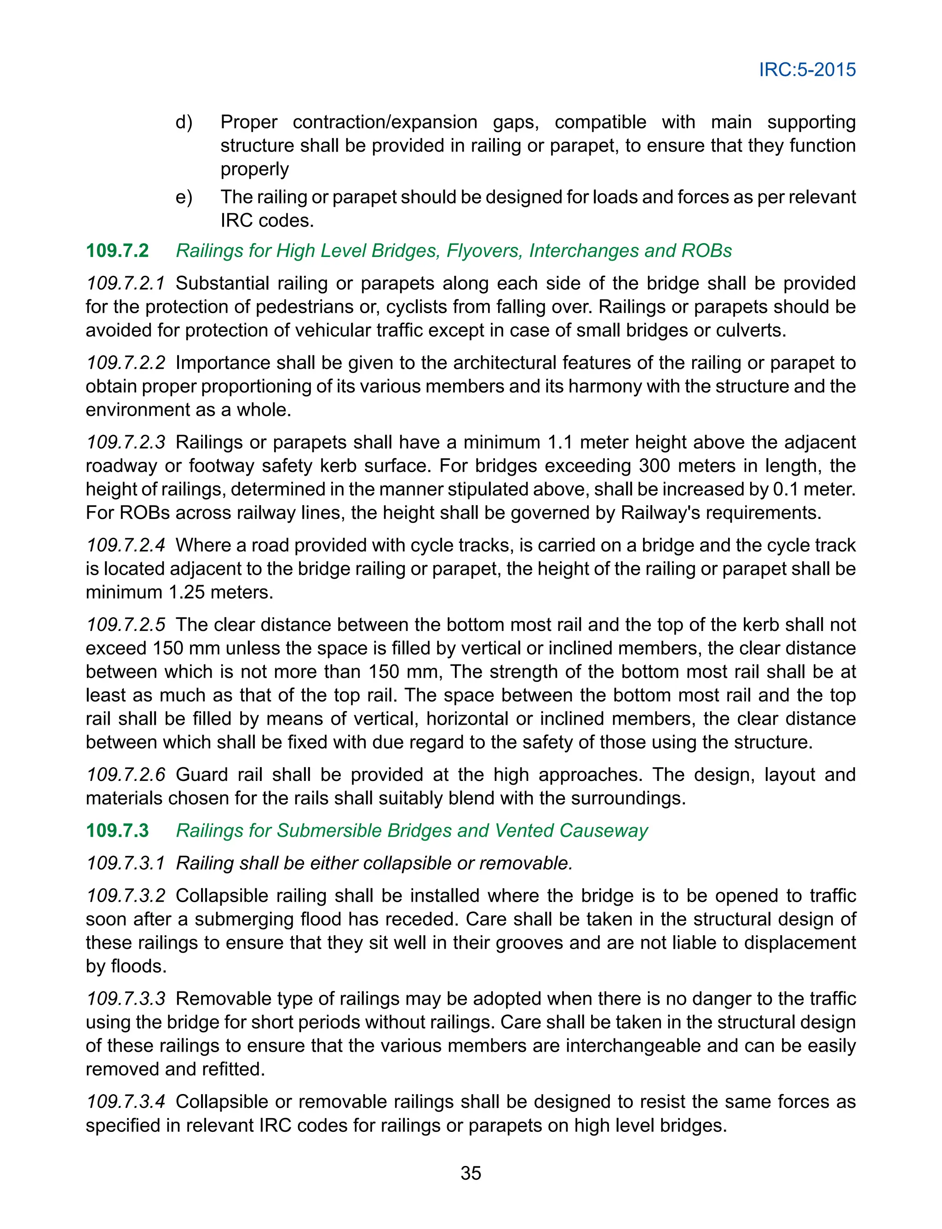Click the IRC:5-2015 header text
[807, 70]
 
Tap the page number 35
[471, 1173]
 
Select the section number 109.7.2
[117, 250]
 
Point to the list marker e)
[184, 197]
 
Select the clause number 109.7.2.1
[125, 283]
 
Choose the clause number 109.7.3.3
[125, 998]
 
